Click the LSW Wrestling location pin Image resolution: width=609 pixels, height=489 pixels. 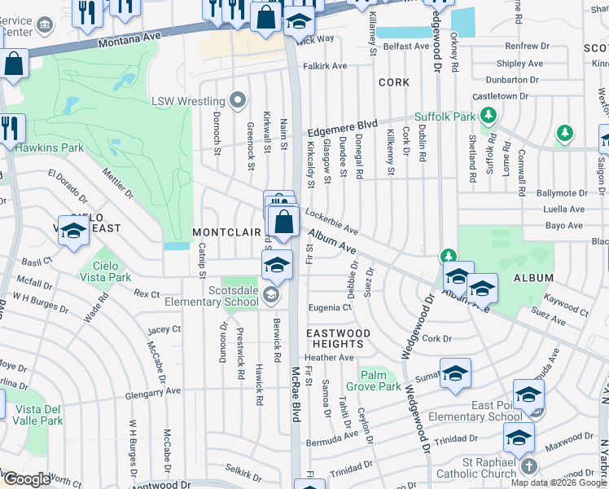coord(237,101)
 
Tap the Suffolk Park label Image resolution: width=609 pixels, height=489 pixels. coord(445,117)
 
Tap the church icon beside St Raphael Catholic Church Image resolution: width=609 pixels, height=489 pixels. coord(528,466)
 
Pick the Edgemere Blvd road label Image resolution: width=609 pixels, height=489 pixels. coord(341,129)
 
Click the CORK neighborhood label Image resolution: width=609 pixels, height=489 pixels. coord(393,83)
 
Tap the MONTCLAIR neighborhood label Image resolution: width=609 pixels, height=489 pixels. coord(226,232)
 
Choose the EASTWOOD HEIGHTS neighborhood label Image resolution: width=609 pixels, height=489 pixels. coord(338,339)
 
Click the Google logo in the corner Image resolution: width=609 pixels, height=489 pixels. coord(26,479)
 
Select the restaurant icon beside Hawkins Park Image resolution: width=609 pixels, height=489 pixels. coord(11,129)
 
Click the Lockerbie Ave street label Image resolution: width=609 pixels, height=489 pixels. coord(332,221)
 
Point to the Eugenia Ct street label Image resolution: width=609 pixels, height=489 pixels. coord(330,307)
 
